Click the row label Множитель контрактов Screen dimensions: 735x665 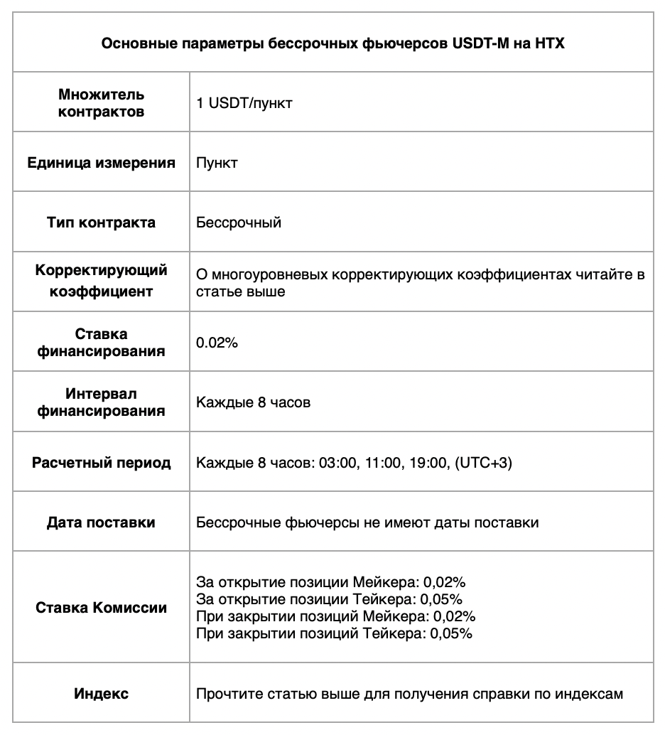[x=101, y=103]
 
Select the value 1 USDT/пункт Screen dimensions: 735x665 [x=244, y=103]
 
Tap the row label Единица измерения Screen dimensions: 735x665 [x=101, y=163]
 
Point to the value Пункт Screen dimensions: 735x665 [x=217, y=163]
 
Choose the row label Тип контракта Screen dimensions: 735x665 [x=101, y=222]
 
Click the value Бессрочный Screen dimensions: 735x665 [x=239, y=222]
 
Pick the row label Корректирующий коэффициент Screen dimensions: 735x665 [x=101, y=281]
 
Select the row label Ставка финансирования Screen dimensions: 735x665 [x=101, y=342]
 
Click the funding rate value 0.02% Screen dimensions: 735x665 [x=217, y=343]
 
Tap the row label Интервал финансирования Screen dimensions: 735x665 [x=101, y=402]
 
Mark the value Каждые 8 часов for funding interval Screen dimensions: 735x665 [x=253, y=403]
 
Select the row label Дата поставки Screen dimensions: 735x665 [x=101, y=522]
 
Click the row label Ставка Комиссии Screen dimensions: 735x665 [x=101, y=608]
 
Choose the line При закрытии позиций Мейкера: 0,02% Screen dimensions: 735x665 [x=335, y=616]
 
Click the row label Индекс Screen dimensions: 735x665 [x=101, y=693]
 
